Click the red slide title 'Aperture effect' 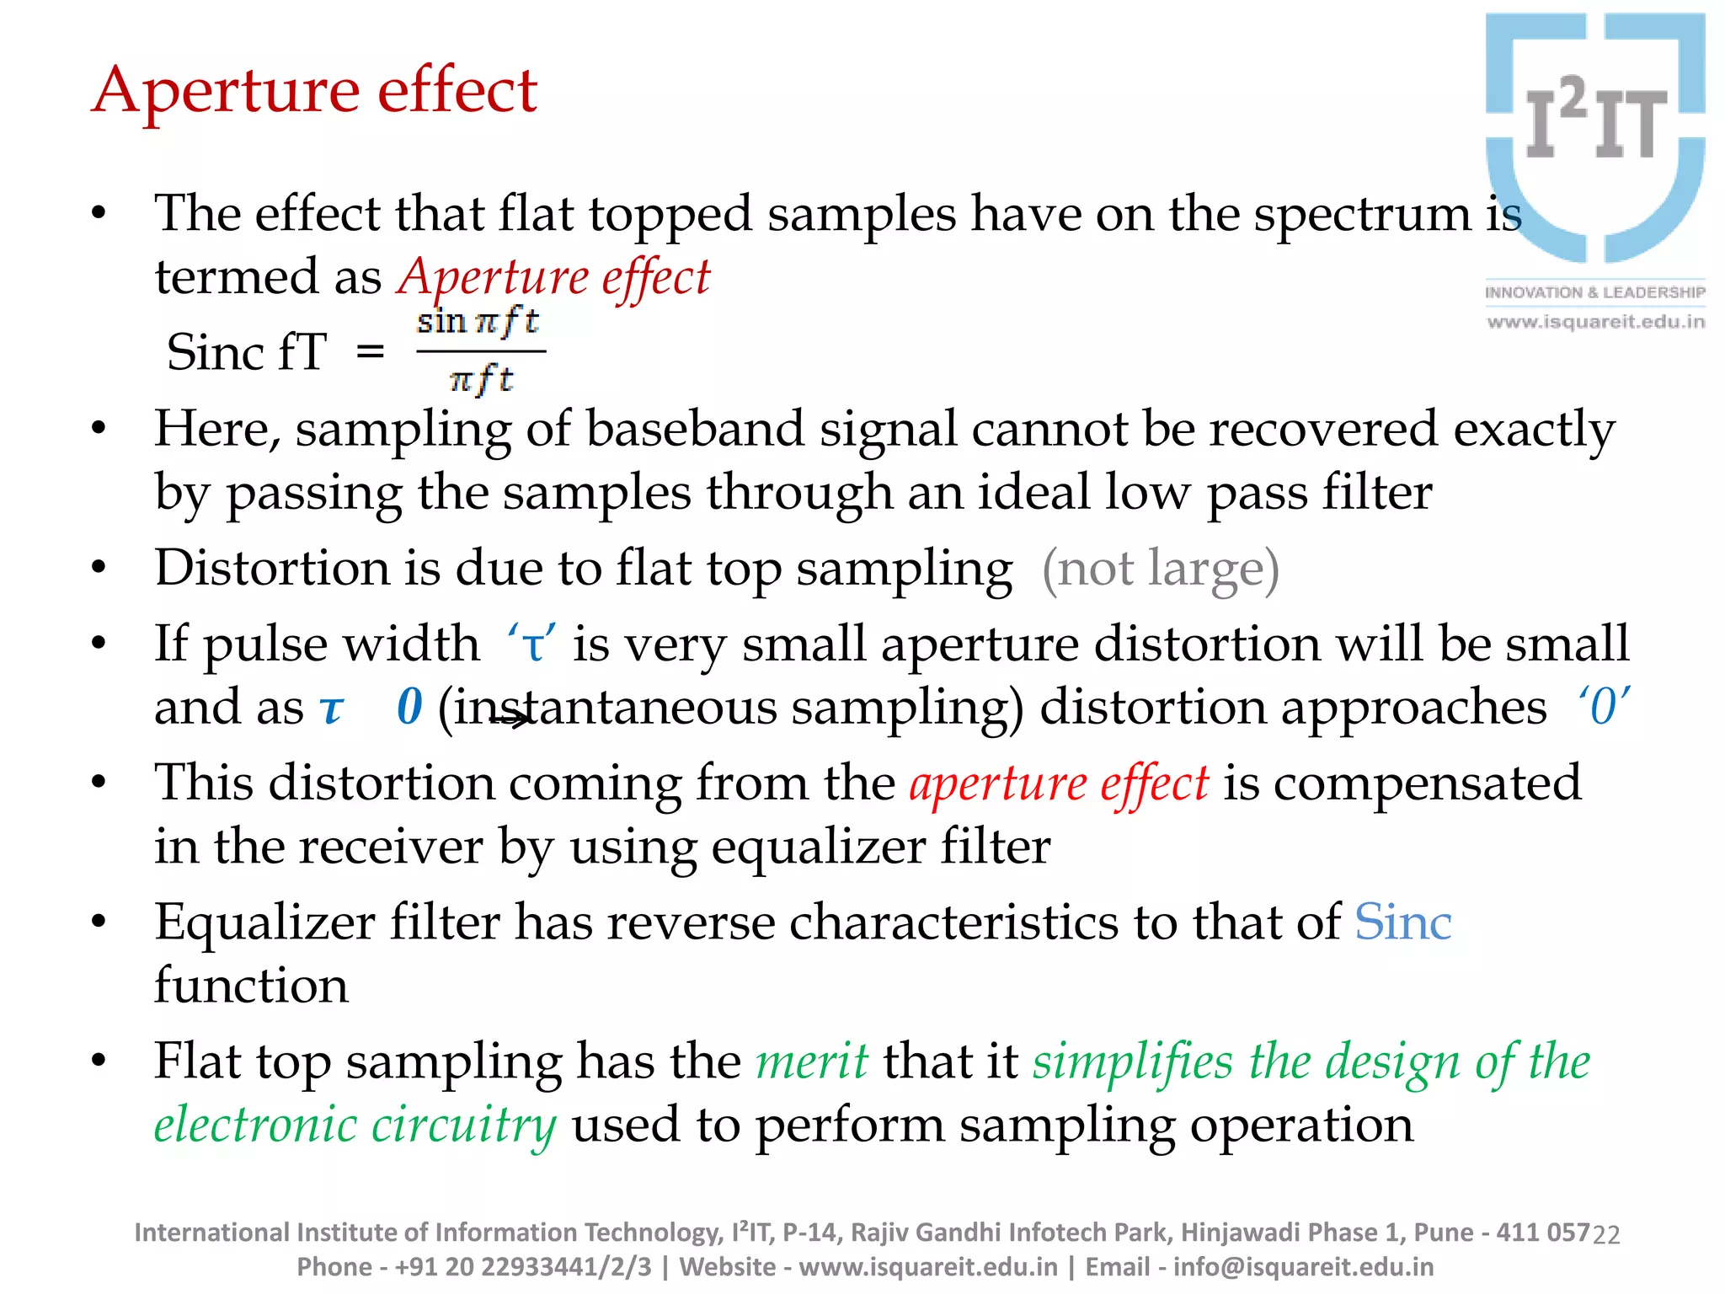(314, 90)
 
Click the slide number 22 (1606, 1235)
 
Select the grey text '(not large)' (1161, 569)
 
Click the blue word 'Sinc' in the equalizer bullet (1402, 922)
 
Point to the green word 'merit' (812, 1061)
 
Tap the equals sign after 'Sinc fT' (371, 351)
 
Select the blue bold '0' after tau (409, 706)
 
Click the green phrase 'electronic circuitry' (355, 1125)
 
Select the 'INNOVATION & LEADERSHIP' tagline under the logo (1594, 292)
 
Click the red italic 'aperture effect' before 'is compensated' (1059, 783)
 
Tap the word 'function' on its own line (251, 986)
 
